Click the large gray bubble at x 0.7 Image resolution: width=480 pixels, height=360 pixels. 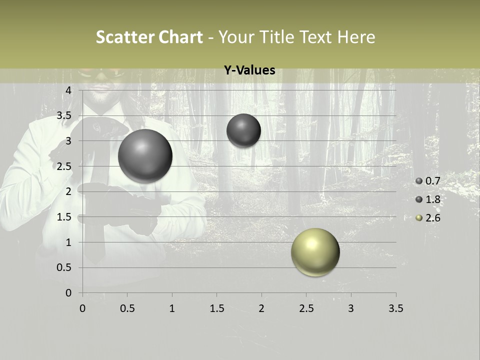(145, 156)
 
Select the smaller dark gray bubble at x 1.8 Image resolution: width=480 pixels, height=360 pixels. (243, 130)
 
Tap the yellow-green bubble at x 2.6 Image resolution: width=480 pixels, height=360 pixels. (315, 252)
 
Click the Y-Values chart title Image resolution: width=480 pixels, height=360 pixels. (249, 70)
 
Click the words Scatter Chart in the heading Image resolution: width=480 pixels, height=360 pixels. (149, 37)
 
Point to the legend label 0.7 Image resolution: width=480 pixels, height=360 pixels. (432, 181)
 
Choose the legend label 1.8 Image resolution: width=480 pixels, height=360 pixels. (432, 199)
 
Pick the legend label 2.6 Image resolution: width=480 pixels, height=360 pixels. (432, 218)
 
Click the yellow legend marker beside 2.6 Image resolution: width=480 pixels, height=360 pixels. (419, 218)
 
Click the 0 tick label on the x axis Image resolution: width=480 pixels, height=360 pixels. (82, 308)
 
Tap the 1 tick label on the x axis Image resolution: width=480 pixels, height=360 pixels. (172, 308)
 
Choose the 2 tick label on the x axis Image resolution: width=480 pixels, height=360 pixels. (261, 308)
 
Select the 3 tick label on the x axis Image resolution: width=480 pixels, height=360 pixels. (351, 308)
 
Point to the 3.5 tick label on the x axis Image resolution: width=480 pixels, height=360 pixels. (395, 308)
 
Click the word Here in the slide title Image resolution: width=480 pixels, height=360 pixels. (356, 37)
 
